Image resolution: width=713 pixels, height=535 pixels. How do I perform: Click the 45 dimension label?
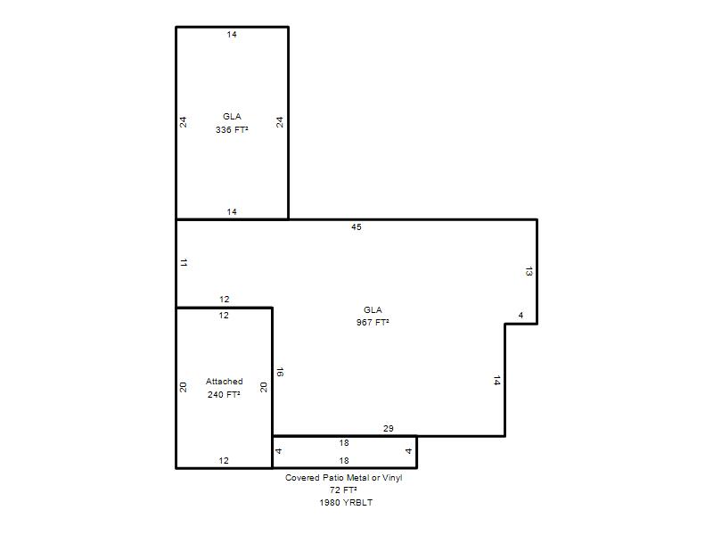[x=356, y=227]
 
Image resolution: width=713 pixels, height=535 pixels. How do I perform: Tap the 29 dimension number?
[x=389, y=429]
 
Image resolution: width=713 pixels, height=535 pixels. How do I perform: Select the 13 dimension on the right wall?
[x=529, y=272]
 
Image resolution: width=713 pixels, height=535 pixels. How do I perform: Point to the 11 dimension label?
[x=184, y=262]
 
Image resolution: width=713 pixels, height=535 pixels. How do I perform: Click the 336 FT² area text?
[x=232, y=129]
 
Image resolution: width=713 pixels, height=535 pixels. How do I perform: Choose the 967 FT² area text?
[x=373, y=322]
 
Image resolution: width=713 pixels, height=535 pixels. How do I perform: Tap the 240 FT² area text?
[x=224, y=394]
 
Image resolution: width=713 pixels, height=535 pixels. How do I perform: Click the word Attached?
[x=225, y=382]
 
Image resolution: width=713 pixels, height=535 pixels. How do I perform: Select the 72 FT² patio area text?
[x=343, y=490]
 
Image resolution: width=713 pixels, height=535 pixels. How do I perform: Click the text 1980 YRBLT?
[x=346, y=503]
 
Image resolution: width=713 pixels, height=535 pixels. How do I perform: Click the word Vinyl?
[x=392, y=478]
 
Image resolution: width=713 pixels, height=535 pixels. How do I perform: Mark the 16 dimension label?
[x=280, y=372]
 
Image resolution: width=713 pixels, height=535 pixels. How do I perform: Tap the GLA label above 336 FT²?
[x=232, y=117]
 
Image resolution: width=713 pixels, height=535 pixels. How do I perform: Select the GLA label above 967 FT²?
[x=373, y=309]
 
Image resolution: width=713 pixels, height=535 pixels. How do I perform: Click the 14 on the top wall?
[x=232, y=34]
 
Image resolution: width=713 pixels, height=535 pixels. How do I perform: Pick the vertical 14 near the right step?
[x=496, y=381]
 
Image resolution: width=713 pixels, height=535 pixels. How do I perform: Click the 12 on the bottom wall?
[x=224, y=461]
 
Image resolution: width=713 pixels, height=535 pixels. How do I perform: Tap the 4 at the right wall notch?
[x=520, y=316]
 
